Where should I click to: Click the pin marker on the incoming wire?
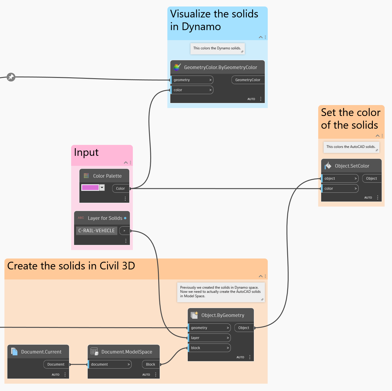click(x=11, y=77)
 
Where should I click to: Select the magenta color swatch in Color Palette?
click(x=90, y=188)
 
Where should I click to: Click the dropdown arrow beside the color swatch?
click(x=102, y=187)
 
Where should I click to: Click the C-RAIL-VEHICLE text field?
click(x=97, y=230)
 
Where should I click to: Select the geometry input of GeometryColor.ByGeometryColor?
click(x=192, y=80)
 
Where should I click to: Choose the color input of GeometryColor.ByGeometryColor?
click(x=192, y=90)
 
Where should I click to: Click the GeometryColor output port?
click(x=248, y=80)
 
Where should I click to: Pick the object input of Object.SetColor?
click(x=340, y=179)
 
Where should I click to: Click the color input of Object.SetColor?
click(x=340, y=189)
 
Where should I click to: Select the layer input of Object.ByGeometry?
click(x=209, y=338)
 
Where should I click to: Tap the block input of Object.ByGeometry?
click(x=209, y=348)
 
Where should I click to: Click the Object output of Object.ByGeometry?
click(x=244, y=328)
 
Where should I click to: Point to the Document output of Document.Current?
click(x=56, y=364)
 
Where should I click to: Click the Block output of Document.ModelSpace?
click(x=151, y=364)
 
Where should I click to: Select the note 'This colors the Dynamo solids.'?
click(x=217, y=48)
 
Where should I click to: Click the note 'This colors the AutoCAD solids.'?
click(x=351, y=147)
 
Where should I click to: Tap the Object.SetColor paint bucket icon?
click(x=328, y=166)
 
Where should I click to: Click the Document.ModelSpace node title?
click(x=127, y=352)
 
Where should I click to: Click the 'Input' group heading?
click(x=86, y=152)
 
